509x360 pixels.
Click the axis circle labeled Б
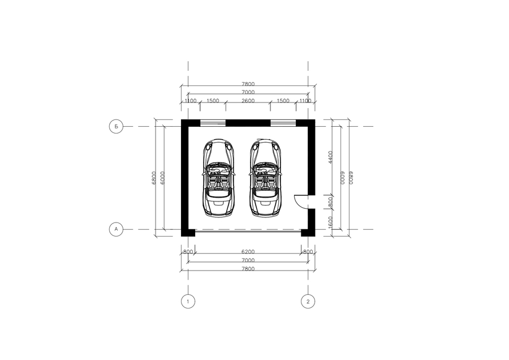(116, 126)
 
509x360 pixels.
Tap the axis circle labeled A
(116, 229)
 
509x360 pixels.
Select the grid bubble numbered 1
(188, 301)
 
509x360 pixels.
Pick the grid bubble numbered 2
(308, 301)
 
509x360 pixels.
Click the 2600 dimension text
(248, 101)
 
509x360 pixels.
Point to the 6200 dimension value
(248, 252)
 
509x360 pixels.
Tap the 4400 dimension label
(330, 157)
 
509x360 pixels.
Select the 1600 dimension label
(330, 222)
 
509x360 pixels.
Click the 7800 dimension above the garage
(248, 84)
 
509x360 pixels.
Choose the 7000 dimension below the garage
(248, 260)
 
